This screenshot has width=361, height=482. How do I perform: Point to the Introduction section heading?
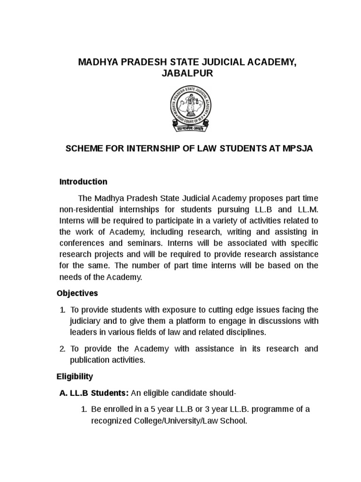pos(83,182)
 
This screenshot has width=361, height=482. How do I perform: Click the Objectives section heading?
pos(77,293)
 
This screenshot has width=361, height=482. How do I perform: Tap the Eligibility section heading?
pos(75,377)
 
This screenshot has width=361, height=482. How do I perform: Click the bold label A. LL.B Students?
pos(93,393)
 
